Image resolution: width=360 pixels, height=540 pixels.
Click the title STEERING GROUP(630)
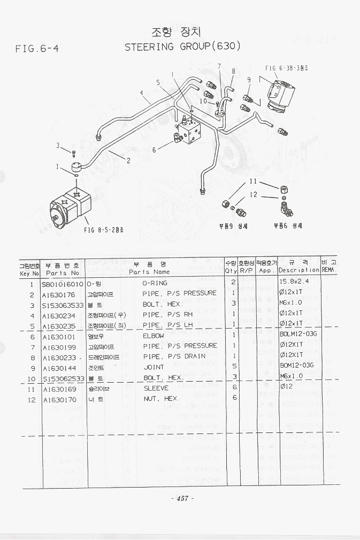(x=183, y=47)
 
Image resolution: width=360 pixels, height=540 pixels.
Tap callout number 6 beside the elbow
(x=154, y=150)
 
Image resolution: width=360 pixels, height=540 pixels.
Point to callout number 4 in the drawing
(x=142, y=93)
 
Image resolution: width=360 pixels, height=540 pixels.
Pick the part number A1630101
(x=59, y=337)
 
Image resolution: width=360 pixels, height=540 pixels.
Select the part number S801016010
(x=63, y=284)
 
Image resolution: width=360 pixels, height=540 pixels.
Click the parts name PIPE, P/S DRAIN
(x=174, y=356)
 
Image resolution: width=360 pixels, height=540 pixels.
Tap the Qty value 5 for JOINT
(x=234, y=367)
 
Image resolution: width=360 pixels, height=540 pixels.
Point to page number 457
(x=182, y=498)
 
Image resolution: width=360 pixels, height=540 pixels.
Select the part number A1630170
(x=59, y=399)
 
